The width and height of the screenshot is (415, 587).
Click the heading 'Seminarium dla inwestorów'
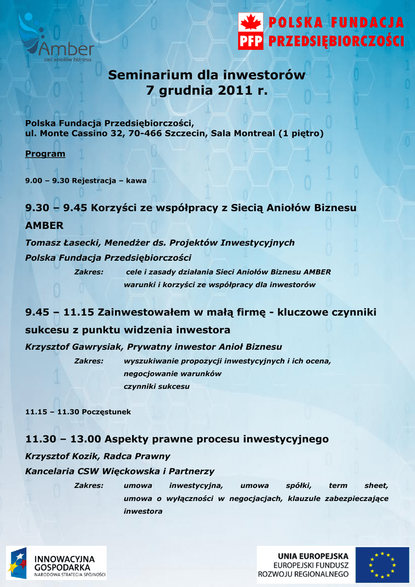tap(207, 75)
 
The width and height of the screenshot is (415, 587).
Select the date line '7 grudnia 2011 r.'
tap(207, 91)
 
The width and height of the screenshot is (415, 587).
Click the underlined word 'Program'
tap(45, 154)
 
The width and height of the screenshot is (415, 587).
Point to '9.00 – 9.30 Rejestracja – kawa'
tap(86, 181)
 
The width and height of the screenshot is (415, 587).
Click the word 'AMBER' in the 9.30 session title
tap(44, 225)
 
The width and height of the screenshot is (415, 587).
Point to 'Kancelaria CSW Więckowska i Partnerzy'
tap(120, 472)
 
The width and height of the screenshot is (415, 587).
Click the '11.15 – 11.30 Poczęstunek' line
tap(78, 412)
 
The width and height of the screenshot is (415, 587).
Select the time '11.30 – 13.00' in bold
tap(63, 440)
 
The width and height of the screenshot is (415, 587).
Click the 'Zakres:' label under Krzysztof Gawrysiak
tap(89, 361)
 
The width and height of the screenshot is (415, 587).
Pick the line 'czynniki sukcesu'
tap(156, 386)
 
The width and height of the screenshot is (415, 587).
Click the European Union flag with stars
tap(382, 565)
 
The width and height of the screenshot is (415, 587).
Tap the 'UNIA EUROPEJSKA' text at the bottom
tap(313, 556)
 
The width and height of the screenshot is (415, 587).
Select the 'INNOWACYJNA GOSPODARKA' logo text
tap(65, 562)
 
